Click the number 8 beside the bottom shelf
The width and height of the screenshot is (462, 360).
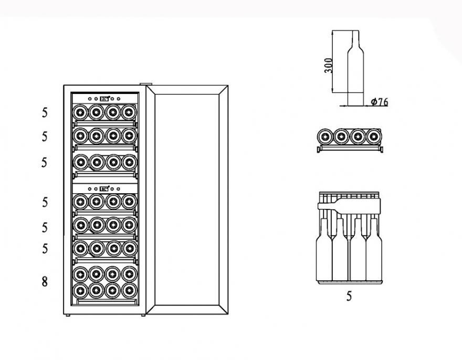(x=44, y=282)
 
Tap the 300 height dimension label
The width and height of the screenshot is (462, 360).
(x=328, y=66)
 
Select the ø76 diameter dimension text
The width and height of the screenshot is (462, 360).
(x=380, y=102)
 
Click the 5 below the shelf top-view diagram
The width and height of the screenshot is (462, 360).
(x=349, y=296)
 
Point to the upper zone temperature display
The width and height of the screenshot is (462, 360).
(x=104, y=99)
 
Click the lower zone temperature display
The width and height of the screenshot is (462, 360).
(x=104, y=189)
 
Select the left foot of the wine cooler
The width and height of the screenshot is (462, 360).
(x=68, y=315)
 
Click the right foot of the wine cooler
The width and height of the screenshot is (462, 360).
(x=143, y=315)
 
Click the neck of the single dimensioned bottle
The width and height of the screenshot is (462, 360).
(x=355, y=39)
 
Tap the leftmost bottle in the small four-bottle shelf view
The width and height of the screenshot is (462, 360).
(x=325, y=136)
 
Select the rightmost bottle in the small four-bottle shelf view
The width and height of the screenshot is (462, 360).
(x=374, y=136)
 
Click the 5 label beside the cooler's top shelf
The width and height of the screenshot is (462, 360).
(x=44, y=112)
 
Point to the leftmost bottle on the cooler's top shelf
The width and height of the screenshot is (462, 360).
(x=80, y=112)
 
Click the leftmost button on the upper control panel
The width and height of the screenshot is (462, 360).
(x=90, y=99)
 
